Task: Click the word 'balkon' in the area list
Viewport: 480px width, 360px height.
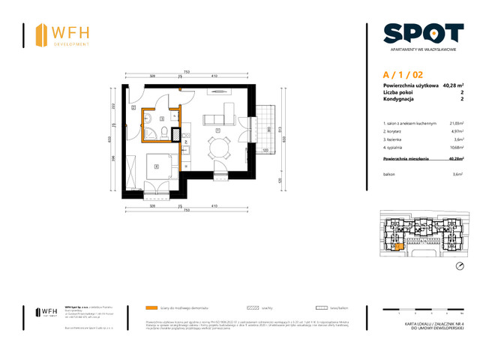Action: [391, 173]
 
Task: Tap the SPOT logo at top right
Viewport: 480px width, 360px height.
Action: [422, 33]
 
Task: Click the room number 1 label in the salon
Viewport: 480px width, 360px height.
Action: [217, 130]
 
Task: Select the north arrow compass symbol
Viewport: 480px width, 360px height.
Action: [460, 267]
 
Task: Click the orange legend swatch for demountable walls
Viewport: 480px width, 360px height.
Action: [152, 307]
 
